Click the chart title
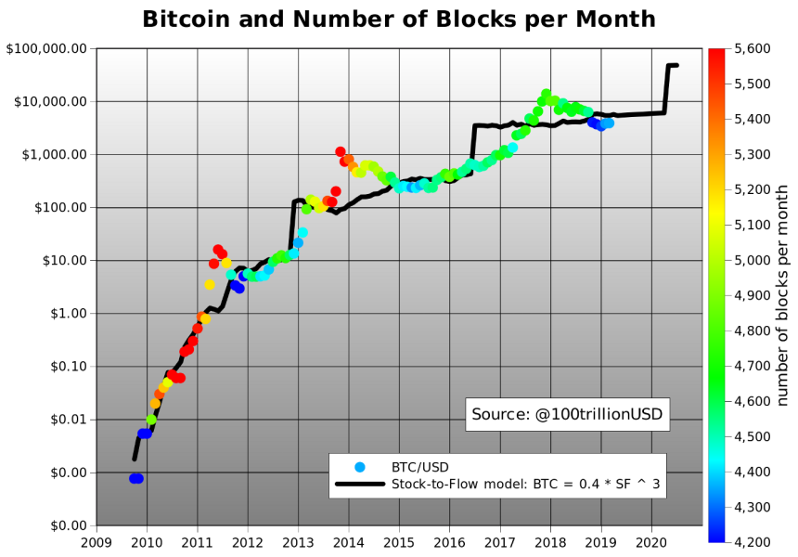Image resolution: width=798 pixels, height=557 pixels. (398, 19)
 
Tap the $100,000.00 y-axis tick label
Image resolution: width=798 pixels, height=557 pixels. (46, 48)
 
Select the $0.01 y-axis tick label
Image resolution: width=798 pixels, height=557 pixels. (67, 420)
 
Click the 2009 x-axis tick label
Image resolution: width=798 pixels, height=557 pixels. (96, 541)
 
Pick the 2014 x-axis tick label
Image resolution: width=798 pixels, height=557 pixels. (349, 541)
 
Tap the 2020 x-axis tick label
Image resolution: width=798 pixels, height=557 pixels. (652, 541)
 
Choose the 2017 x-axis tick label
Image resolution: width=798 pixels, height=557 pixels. (500, 541)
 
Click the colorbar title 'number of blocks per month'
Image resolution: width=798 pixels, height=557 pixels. (783, 294)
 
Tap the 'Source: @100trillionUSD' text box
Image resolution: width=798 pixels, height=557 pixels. (568, 414)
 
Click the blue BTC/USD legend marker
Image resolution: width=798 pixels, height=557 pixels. (360, 466)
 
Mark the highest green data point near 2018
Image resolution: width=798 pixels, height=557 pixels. (546, 94)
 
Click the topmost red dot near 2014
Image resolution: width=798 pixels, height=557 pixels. (341, 151)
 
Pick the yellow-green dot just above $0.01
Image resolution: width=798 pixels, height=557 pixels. (151, 420)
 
